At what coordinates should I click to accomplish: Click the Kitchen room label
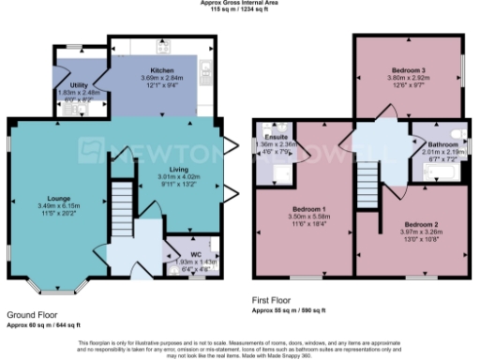tap(157, 69)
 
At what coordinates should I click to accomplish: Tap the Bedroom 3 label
tap(409, 70)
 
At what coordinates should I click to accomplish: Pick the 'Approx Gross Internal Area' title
tap(240, 3)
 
